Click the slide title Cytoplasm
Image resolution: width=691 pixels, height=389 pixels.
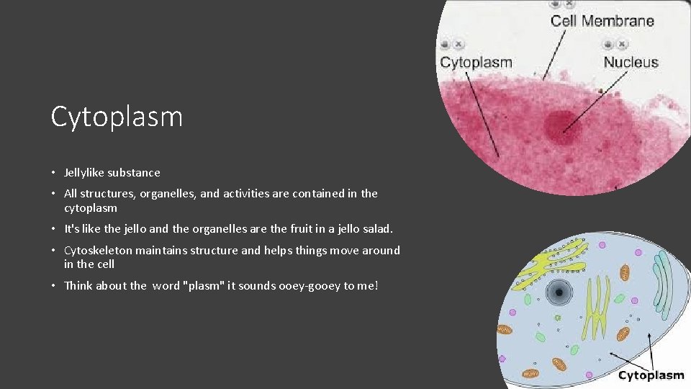(x=117, y=117)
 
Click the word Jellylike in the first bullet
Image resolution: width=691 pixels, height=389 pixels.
(x=84, y=173)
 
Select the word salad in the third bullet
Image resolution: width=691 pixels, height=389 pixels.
(x=377, y=229)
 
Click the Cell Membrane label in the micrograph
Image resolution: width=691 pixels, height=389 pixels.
(x=602, y=21)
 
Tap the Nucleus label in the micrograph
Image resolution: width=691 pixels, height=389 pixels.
(x=631, y=63)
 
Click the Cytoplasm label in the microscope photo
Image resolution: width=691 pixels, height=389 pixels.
(x=476, y=63)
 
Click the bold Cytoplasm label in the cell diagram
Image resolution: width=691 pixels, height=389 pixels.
(x=651, y=375)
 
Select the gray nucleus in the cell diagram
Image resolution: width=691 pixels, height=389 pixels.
(x=558, y=292)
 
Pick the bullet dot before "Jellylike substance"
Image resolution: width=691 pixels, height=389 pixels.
(x=54, y=173)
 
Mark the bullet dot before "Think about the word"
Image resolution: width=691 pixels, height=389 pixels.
(x=54, y=286)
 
